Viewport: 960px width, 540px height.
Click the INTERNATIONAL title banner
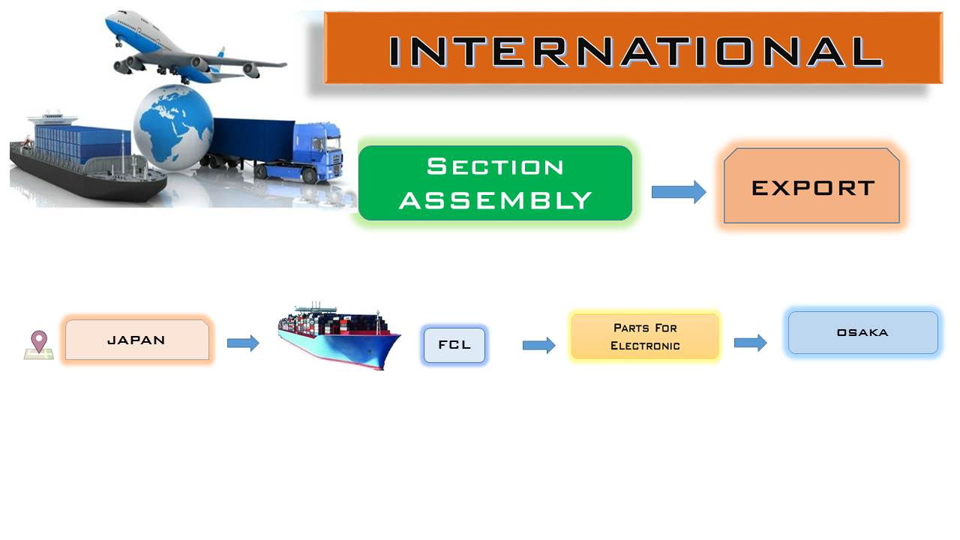point(633,47)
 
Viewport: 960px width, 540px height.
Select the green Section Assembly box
point(495,183)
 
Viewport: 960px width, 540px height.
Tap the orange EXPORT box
point(811,185)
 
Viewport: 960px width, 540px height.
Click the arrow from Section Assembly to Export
point(679,191)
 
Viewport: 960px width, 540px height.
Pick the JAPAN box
point(137,340)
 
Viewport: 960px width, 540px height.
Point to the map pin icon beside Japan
point(39,344)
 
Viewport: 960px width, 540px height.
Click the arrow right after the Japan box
point(243,343)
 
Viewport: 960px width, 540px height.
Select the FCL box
point(454,345)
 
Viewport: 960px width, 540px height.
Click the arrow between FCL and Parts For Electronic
point(538,345)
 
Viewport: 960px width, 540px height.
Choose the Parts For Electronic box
point(644,337)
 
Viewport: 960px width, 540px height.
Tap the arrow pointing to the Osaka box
point(750,343)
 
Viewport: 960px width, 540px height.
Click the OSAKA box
point(862,332)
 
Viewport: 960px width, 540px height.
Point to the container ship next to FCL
point(339,337)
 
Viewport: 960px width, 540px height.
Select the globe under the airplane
point(173,127)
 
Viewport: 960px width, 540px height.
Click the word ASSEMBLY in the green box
point(496,200)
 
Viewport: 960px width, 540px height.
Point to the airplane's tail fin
point(220,53)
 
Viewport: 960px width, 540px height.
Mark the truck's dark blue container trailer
point(253,139)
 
